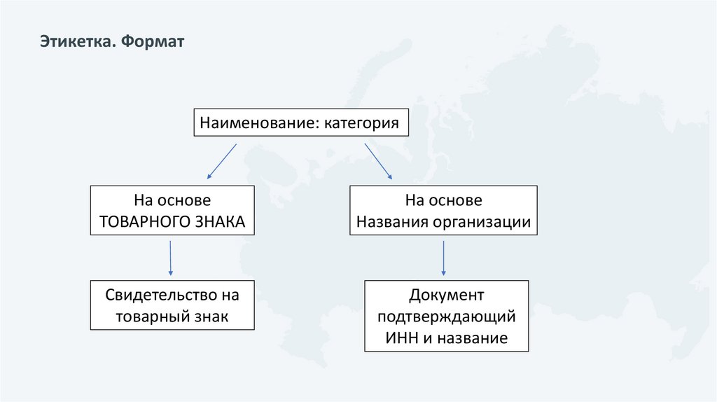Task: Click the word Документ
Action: [x=446, y=294]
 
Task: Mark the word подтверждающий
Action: [x=446, y=317]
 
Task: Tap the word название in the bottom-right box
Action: [x=471, y=338]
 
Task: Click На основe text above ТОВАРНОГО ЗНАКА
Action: [x=172, y=200]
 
